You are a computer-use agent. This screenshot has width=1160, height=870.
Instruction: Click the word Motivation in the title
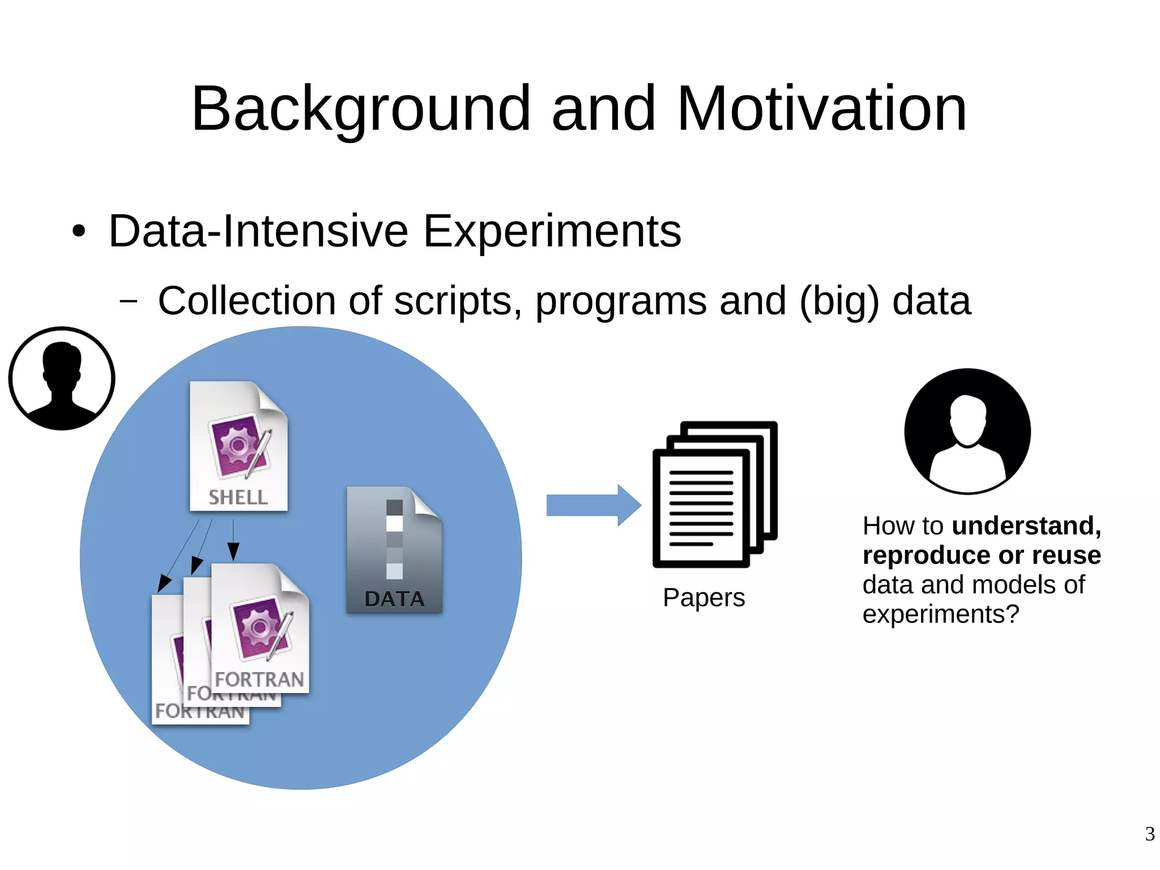821,109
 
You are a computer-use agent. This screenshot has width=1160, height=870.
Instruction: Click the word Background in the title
361,109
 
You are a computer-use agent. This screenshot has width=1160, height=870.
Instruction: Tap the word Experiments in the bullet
552,231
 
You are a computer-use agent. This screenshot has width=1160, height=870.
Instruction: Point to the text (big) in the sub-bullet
839,301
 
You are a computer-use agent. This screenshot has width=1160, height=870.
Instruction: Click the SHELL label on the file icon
238,498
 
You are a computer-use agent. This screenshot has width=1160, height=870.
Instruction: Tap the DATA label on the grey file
394,599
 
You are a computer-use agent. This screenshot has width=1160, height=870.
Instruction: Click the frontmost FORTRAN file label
259,679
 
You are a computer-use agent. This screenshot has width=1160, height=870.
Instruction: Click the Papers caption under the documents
703,597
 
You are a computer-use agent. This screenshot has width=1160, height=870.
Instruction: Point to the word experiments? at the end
940,614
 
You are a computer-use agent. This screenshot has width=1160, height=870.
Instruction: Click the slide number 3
1149,834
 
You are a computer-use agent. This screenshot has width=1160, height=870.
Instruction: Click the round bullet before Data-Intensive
79,232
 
